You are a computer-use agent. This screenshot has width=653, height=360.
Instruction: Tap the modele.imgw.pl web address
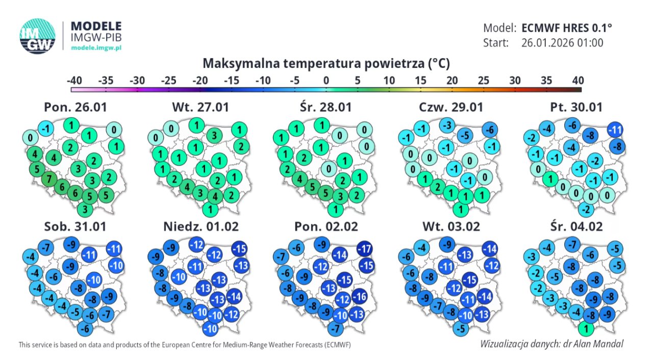[x=96, y=47]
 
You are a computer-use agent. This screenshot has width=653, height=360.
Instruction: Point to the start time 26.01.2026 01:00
[x=562, y=43]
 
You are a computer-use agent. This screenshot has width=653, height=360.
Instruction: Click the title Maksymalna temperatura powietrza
[x=326, y=63]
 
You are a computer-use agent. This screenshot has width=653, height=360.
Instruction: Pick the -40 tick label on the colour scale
[x=74, y=80]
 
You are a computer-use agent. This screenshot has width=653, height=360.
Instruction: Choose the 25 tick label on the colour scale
[x=483, y=80]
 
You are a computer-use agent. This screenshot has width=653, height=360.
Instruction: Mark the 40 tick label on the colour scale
[x=577, y=80]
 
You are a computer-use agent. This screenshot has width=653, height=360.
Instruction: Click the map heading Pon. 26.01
[x=76, y=107]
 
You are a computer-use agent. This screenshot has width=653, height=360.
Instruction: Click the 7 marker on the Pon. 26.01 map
[x=49, y=179]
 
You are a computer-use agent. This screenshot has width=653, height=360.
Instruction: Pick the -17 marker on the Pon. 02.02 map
[x=364, y=249]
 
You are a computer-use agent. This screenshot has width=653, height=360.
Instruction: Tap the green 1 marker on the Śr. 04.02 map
[x=587, y=329]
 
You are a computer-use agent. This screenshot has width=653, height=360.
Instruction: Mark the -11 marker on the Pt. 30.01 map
[x=615, y=131]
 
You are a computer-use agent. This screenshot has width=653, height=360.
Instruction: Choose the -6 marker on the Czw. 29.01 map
[x=489, y=130]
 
